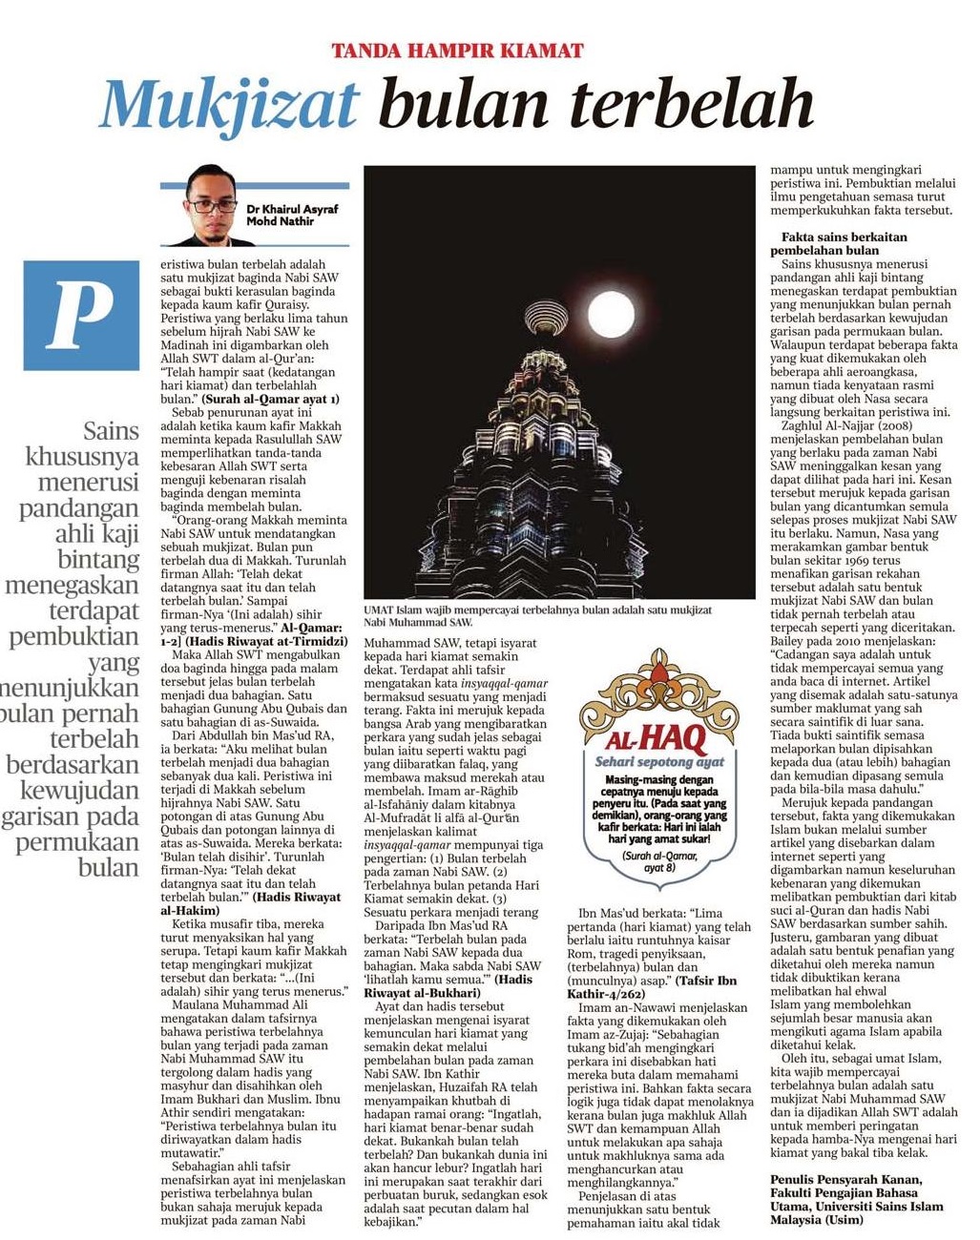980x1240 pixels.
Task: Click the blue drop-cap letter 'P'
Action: (x=81, y=315)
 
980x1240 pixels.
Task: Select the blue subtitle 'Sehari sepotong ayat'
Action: (x=659, y=762)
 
